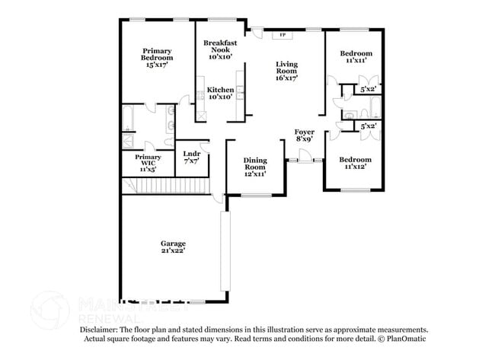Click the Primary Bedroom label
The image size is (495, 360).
click(157, 58)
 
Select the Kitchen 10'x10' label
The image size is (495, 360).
click(220, 93)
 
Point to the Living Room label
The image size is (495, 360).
click(286, 71)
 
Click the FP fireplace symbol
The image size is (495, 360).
click(283, 35)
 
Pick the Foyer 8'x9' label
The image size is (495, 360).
click(304, 136)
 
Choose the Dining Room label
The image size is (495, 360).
click(255, 167)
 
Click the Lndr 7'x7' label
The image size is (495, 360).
click(190, 158)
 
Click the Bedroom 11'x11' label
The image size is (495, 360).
click(356, 56)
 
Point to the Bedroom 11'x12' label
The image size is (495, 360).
click(356, 163)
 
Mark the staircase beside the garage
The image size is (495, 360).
click(164, 185)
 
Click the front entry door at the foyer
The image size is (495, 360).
click(305, 158)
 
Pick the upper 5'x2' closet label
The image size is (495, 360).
click(369, 89)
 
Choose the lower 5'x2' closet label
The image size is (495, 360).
click(369, 126)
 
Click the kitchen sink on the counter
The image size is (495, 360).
click(239, 94)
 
